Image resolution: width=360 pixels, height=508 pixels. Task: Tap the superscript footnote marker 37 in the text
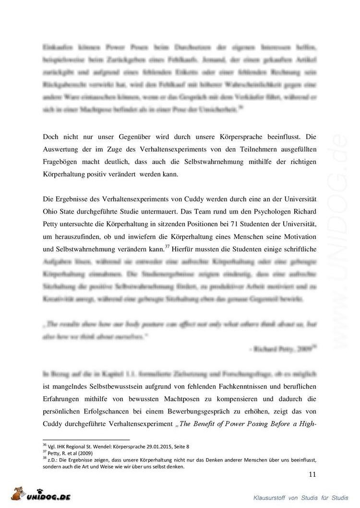pos(168,247)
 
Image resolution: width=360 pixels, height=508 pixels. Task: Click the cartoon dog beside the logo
pos(17,494)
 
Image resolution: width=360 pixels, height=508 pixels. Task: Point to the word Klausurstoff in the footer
pos(269,498)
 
